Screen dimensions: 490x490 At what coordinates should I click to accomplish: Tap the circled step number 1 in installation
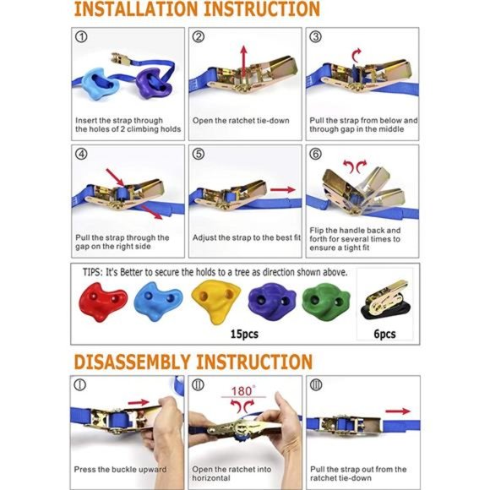[x=81, y=37]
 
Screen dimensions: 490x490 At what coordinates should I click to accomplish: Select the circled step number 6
[x=315, y=155]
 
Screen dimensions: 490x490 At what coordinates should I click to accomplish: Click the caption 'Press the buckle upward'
[x=122, y=469]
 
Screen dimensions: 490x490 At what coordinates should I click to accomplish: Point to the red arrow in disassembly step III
[x=400, y=411]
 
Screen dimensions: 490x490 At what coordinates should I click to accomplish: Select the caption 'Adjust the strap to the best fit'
[x=244, y=237]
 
